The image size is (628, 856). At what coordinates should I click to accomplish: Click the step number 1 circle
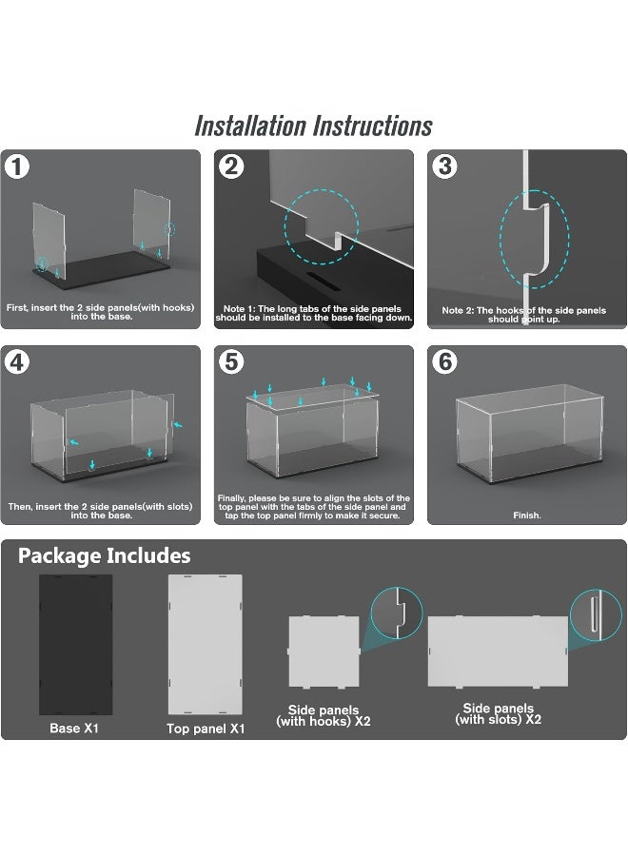tap(17, 166)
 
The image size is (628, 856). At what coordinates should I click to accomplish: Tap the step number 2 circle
tap(231, 166)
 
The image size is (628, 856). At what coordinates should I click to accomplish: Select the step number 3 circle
tap(445, 166)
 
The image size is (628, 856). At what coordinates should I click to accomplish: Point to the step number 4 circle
tap(17, 362)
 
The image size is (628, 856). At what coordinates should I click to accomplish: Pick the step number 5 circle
tap(231, 362)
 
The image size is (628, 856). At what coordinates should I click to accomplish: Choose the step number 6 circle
tap(445, 362)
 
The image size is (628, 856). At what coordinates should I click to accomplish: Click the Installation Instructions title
tap(313, 126)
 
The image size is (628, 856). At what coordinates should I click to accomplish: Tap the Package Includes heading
tap(105, 555)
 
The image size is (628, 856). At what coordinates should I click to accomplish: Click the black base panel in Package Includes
tap(75, 644)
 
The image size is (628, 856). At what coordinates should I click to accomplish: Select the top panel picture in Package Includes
tap(205, 644)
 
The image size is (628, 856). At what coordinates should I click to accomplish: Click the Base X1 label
tap(74, 728)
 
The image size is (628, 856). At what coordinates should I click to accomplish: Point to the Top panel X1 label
tap(206, 729)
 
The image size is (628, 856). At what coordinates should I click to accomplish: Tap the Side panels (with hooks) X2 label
tap(324, 715)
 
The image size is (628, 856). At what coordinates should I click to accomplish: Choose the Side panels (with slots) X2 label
tap(498, 714)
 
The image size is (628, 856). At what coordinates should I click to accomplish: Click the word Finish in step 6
tap(527, 516)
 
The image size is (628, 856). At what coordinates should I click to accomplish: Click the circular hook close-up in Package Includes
tap(397, 613)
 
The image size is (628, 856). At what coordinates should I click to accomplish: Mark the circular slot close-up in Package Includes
tap(596, 614)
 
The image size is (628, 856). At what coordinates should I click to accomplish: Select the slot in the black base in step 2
tap(323, 280)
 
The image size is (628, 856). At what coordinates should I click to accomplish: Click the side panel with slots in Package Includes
tap(498, 651)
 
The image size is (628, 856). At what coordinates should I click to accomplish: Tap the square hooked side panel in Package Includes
tap(324, 652)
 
